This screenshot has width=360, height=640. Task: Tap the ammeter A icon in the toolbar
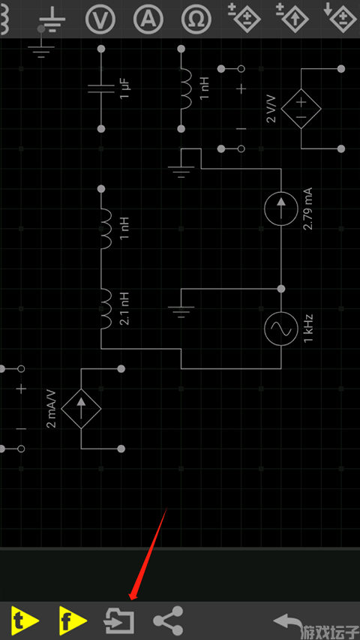tap(148, 20)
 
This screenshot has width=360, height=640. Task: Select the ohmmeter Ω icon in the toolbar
tap(196, 20)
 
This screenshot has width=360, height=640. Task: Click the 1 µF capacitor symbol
tap(101, 89)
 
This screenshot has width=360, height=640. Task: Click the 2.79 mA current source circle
tap(280, 209)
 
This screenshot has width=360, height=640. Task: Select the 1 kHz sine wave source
tap(280, 329)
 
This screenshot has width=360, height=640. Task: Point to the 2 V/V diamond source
tap(301, 109)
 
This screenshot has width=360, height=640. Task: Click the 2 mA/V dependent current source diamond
tap(81, 409)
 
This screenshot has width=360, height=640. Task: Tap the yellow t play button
tap(25, 620)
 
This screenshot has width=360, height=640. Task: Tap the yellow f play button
tap(73, 620)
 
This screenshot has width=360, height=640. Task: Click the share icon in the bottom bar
tap(168, 621)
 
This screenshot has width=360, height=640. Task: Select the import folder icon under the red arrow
tap(119, 621)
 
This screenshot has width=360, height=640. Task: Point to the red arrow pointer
tap(148, 554)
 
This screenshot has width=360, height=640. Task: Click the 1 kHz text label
tap(308, 329)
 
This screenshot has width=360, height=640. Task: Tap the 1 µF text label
tap(125, 89)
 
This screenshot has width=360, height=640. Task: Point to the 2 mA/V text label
tap(52, 409)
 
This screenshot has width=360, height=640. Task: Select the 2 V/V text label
tap(271, 109)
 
